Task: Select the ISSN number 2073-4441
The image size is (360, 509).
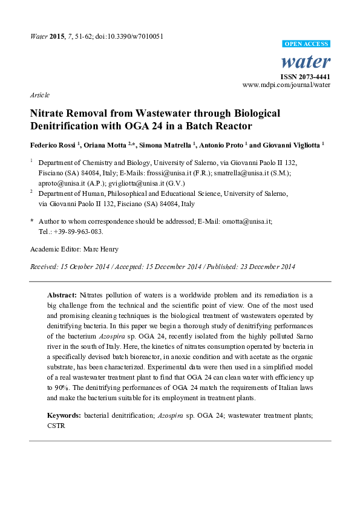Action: (305, 77)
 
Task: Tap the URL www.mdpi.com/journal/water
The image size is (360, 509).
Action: (286, 85)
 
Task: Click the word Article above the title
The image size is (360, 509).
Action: (39, 95)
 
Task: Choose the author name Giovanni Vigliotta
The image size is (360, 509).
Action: (293, 146)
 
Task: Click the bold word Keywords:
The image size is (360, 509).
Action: (64, 417)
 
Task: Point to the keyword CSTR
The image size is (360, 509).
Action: (57, 426)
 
